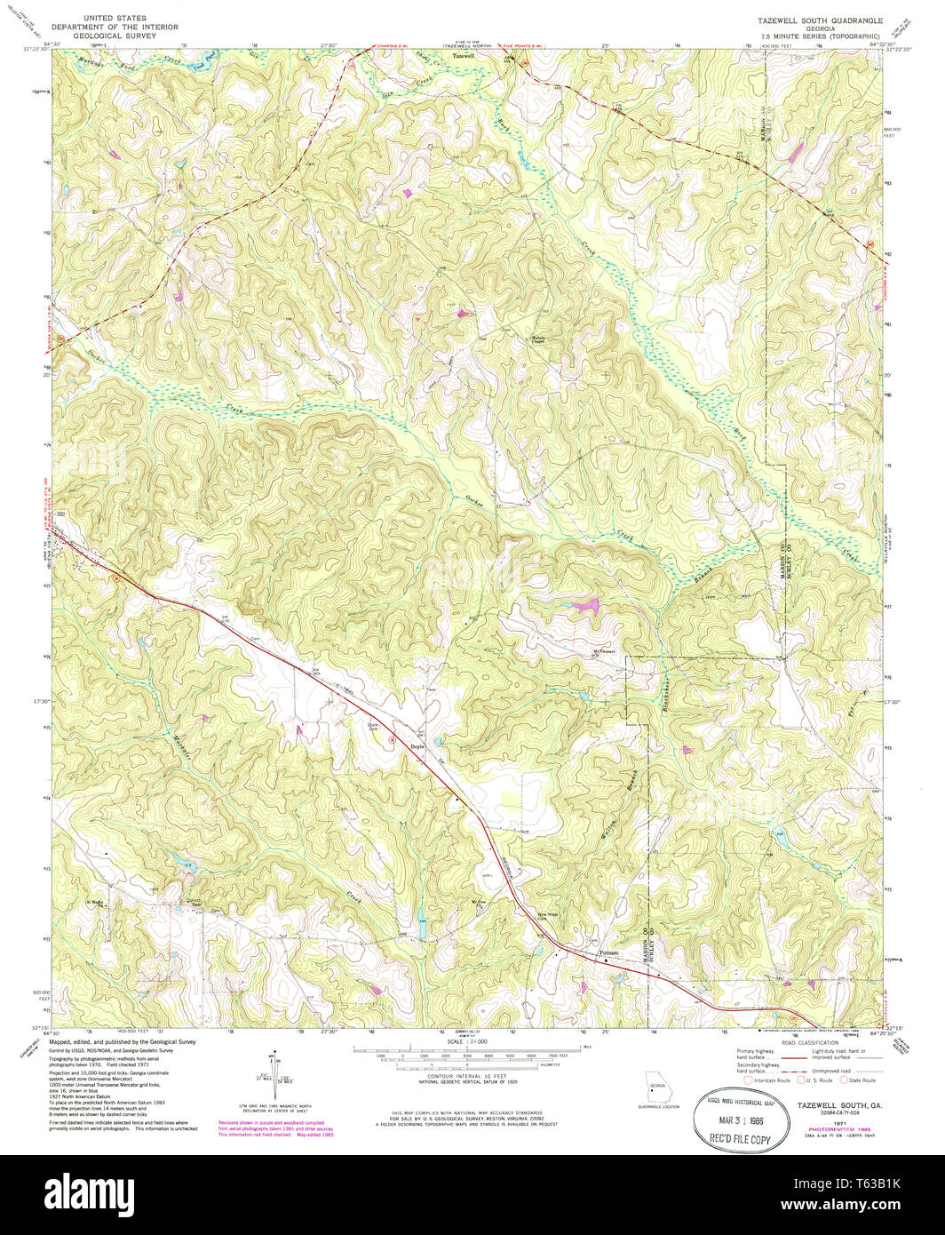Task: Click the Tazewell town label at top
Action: click(x=465, y=55)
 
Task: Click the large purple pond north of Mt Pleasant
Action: click(x=584, y=606)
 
